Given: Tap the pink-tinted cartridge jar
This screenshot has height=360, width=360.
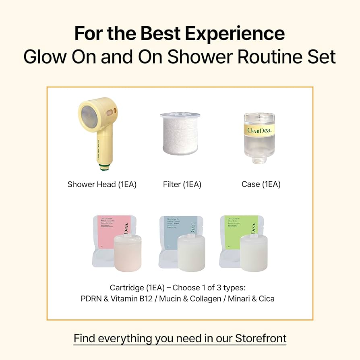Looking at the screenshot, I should (x=127, y=254).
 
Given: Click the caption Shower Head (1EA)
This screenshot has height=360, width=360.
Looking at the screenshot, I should (x=102, y=184).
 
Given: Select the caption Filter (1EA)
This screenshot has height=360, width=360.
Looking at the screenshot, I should (x=182, y=184).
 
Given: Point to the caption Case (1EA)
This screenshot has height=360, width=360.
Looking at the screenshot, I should (x=261, y=184).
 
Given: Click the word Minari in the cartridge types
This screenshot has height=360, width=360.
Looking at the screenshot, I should (x=237, y=299).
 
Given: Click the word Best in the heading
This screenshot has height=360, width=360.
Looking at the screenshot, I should (x=153, y=34).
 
